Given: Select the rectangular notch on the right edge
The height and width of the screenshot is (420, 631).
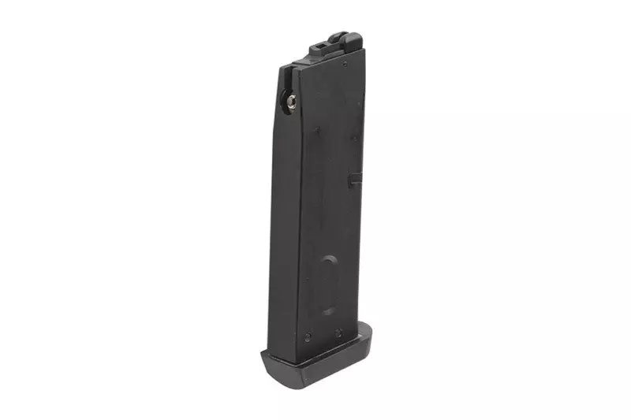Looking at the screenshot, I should [356, 179].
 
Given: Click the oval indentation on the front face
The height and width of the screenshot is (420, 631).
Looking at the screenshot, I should [330, 284].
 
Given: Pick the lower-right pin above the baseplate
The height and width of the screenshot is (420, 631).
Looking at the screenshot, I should [338, 333].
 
